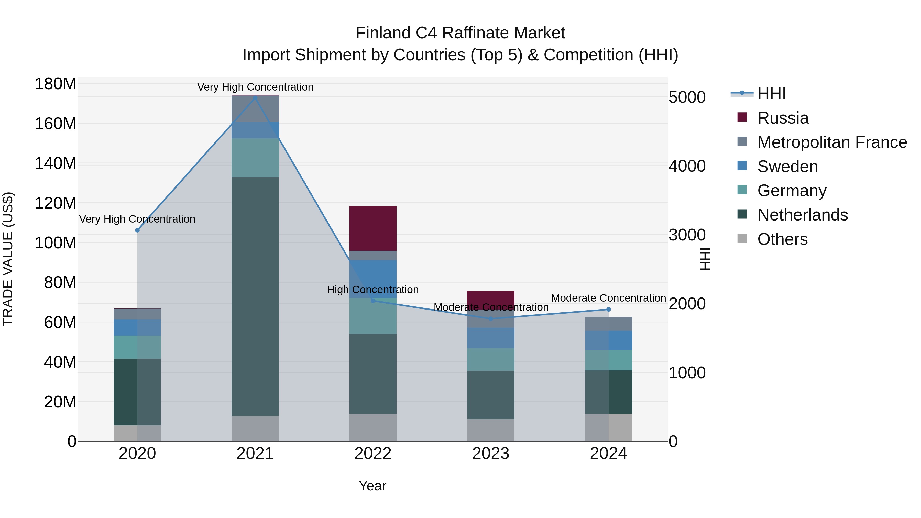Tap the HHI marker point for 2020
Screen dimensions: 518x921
pyautogui.click(x=137, y=230)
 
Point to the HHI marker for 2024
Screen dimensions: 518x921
pyautogui.click(x=609, y=310)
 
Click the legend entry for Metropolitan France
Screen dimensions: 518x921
pyautogui.click(x=832, y=142)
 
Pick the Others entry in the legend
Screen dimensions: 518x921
pyautogui.click(x=782, y=239)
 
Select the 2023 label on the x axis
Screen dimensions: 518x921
pyautogui.click(x=490, y=454)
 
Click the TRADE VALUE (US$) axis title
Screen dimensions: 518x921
pyautogui.click(x=8, y=259)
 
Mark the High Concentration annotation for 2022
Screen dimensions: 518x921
pyautogui.click(x=372, y=290)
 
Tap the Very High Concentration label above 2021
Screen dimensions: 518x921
pyautogui.click(x=255, y=87)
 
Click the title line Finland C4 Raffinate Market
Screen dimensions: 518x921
pyautogui.click(x=460, y=33)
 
